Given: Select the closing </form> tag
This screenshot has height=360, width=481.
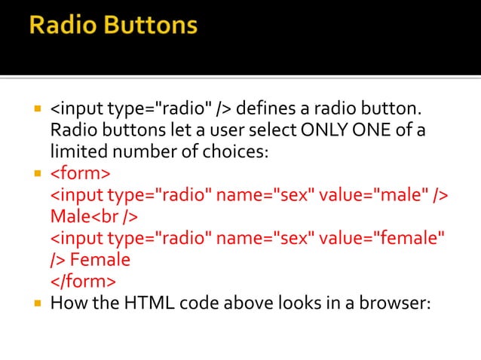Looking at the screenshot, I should pos(83,282).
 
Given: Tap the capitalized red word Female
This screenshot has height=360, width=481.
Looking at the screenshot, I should pos(100,261).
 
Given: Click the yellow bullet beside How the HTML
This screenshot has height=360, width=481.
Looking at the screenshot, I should pos(37,304).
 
